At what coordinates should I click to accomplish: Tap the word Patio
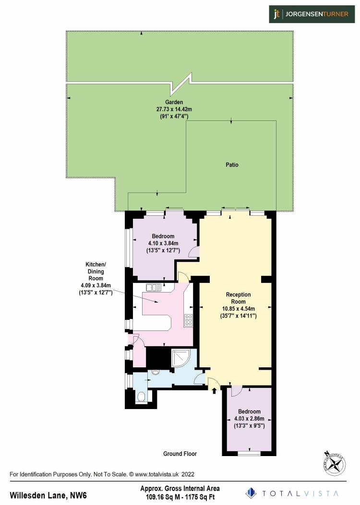(232, 165)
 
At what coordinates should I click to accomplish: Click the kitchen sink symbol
(154, 287)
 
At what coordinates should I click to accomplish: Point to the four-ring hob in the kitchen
(187, 320)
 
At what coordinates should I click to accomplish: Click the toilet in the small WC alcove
(141, 396)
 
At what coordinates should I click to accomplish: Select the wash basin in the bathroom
(155, 372)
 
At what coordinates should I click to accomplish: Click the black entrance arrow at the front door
(214, 391)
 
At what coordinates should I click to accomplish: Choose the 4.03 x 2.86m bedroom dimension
(249, 419)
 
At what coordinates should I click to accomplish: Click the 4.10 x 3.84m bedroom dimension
(163, 243)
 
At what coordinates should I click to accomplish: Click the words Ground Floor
(180, 454)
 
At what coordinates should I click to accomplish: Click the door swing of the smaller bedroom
(235, 391)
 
